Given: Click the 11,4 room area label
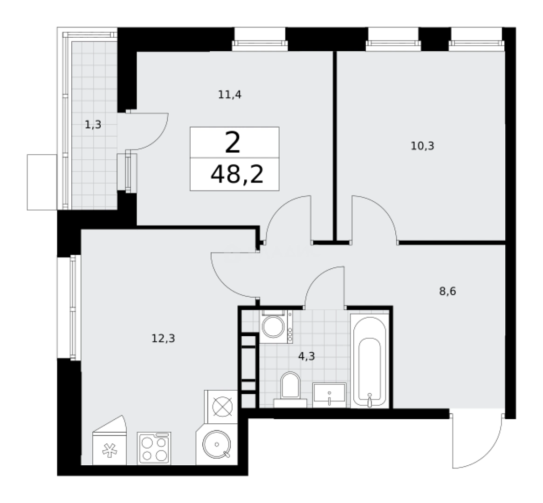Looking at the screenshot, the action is coord(230,95).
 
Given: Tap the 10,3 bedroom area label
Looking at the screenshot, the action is coord(422,146).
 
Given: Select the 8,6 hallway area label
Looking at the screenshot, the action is coord(447,291).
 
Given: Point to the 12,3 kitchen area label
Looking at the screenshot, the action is coord(163,338).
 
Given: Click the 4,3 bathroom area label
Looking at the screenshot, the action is coord(307,356).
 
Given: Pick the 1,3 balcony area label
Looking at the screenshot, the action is coord(93,124).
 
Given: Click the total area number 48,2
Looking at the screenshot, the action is coord(237,174).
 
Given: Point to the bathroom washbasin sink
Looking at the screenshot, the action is coord(329,395).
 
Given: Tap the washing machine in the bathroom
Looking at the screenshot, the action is coord(276,326).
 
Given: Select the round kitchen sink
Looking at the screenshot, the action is coord(217,444).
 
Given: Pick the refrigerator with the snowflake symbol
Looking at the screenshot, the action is coord(110,441).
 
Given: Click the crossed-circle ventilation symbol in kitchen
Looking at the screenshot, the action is coord(222,406).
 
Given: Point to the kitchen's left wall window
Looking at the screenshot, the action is coord(73,307).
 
